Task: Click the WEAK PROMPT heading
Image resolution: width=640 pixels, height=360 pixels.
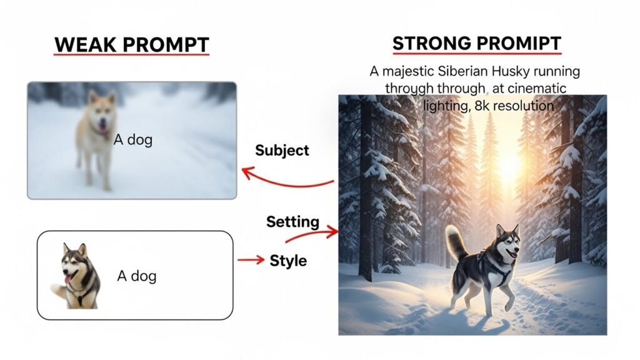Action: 131,44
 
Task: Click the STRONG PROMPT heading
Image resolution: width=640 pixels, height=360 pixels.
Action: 477,43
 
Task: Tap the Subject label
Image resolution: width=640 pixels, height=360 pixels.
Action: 282,150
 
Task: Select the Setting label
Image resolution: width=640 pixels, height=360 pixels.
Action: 292,222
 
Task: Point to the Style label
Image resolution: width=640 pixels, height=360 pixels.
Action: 288,261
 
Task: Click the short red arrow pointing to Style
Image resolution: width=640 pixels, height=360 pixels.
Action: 251,259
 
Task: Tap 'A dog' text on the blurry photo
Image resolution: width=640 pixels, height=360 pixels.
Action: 133,139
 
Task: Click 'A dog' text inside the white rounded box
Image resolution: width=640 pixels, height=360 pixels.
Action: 137,276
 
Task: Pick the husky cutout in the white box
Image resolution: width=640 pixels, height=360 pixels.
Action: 76,276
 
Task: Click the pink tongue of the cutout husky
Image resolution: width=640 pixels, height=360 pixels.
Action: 68,279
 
